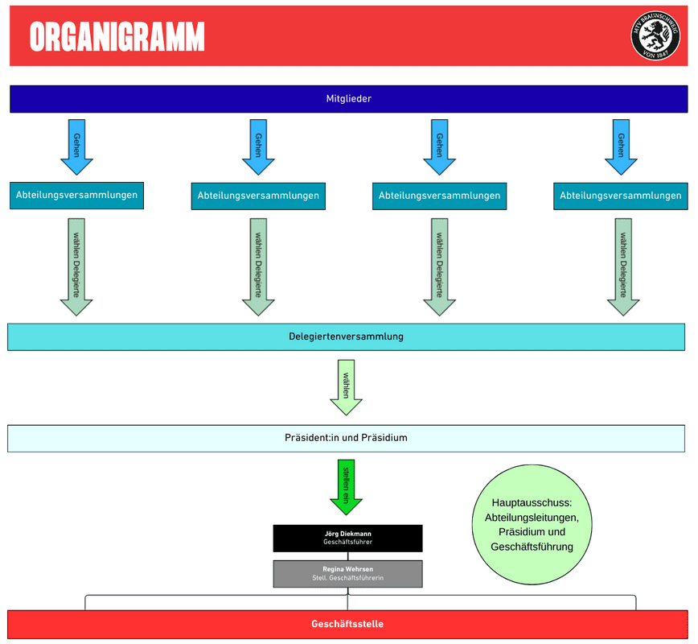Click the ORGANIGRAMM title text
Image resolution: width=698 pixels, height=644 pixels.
pyautogui.click(x=117, y=37)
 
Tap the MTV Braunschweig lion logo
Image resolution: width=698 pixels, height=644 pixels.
pyautogui.click(x=655, y=35)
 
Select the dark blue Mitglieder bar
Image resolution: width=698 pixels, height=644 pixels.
pyautogui.click(x=348, y=98)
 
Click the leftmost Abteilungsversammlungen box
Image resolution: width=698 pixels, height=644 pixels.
pyautogui.click(x=76, y=195)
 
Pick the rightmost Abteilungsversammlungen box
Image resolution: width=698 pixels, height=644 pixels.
pyautogui.click(x=620, y=196)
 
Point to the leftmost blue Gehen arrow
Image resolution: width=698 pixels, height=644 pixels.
pyautogui.click(x=76, y=147)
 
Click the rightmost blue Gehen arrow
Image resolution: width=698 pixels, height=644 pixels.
pyautogui.click(x=621, y=147)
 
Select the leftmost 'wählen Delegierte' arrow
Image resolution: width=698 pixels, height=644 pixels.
pyautogui.click(x=76, y=266)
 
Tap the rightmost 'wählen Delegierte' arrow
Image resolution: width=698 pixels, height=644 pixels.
pyautogui.click(x=622, y=266)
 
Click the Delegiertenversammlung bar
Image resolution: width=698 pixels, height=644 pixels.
pyautogui.click(x=346, y=336)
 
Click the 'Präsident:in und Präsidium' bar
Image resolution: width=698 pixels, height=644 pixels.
pyautogui.click(x=346, y=438)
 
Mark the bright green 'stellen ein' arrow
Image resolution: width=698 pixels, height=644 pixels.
pyautogui.click(x=346, y=485)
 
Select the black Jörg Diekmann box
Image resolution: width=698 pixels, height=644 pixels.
pyautogui.click(x=347, y=538)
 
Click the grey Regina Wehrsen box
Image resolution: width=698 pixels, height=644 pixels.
pyautogui.click(x=347, y=573)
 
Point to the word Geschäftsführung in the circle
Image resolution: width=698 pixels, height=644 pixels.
pyautogui.click(x=532, y=547)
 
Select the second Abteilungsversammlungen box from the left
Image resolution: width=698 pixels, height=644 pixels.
pyautogui.click(x=258, y=196)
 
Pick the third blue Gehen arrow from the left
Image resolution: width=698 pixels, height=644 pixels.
pyautogui.click(x=439, y=147)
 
